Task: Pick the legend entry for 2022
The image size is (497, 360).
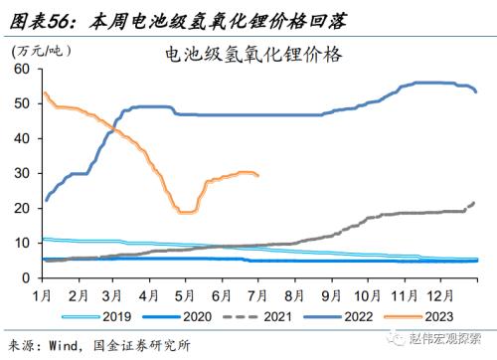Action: [x=346, y=318]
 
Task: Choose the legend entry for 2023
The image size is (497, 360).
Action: [x=428, y=318]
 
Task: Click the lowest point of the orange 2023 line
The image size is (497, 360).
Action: [x=186, y=212]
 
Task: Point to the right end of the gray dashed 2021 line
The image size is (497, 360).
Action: [x=474, y=203]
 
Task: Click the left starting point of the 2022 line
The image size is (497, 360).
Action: [x=45, y=201]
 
